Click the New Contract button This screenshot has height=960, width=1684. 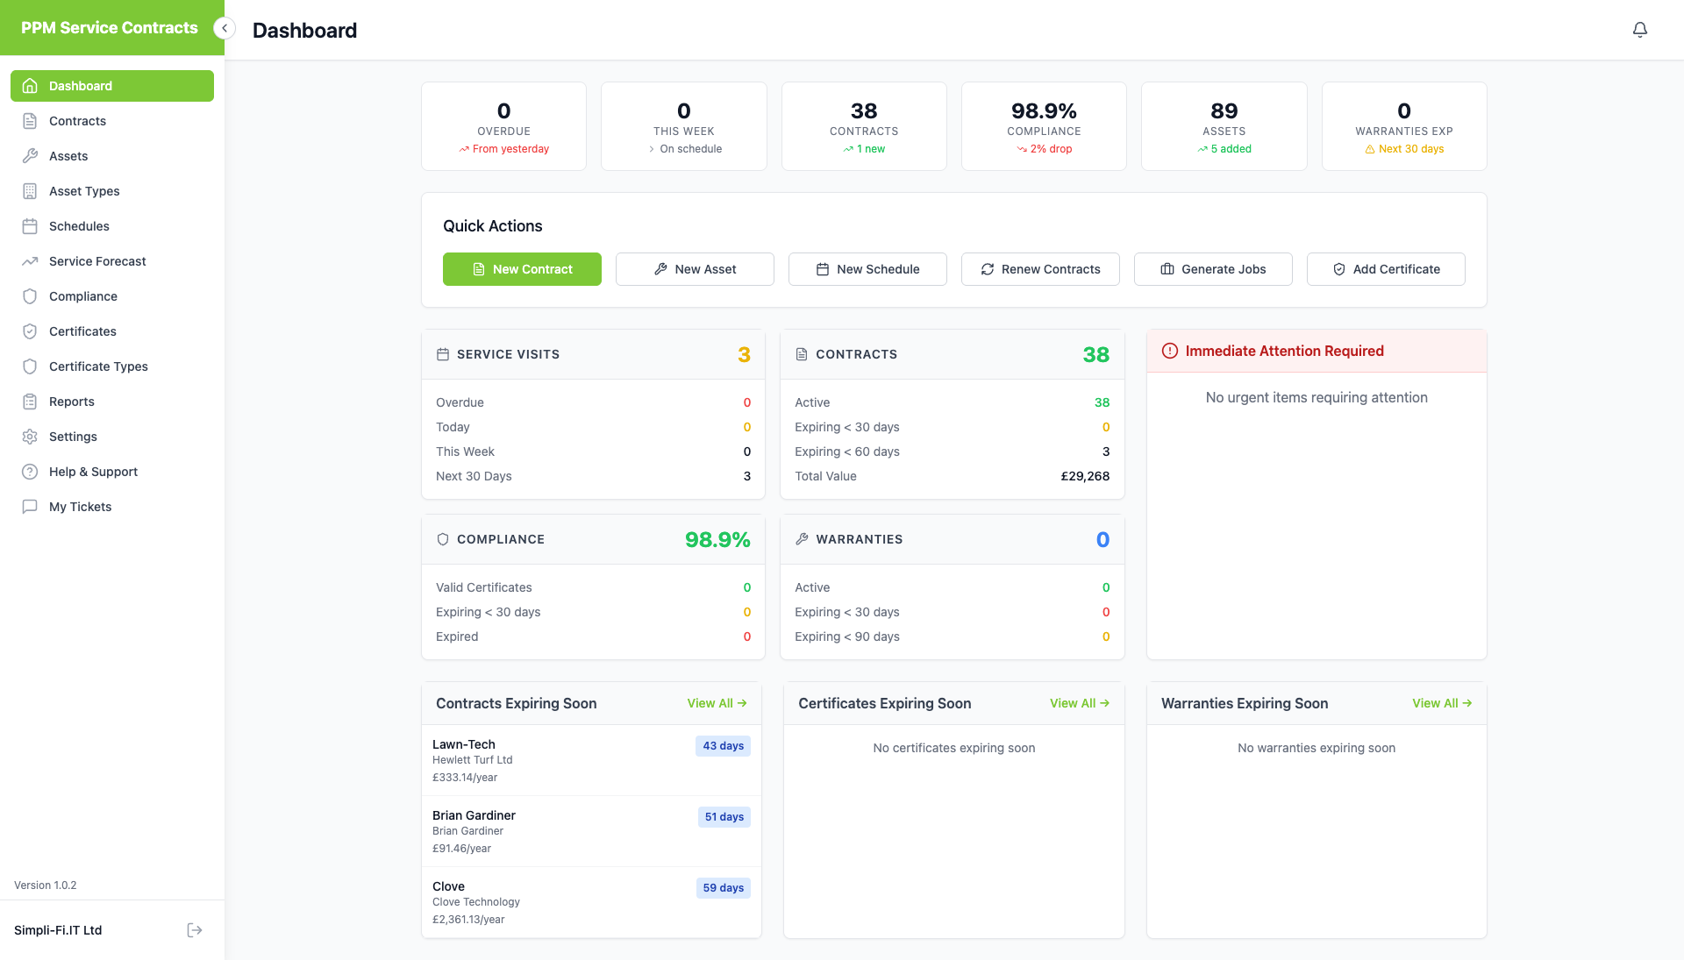point(522,269)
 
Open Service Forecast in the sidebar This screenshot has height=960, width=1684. point(97,261)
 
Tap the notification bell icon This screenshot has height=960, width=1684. point(1639,30)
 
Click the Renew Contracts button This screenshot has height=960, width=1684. point(1040,269)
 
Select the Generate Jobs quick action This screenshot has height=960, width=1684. point(1213,269)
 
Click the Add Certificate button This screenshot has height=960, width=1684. point(1386,269)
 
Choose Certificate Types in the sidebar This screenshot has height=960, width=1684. point(98,366)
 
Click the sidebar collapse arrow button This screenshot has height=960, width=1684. point(225,28)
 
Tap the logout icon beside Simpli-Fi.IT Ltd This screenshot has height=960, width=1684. point(195,930)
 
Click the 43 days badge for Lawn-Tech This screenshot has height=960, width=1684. point(723,746)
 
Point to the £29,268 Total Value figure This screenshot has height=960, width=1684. point(1085,476)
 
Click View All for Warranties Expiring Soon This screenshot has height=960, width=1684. point(1441,703)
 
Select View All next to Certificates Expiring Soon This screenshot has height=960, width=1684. point(1079,703)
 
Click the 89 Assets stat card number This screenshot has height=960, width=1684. point(1224,111)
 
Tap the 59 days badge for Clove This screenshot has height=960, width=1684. point(723,888)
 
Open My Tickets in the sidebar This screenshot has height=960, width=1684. point(80,507)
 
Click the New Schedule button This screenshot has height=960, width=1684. point(867,269)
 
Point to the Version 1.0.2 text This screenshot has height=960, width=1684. point(46,885)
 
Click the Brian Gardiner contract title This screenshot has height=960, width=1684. point(474,815)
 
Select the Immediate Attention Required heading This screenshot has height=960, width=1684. point(1284,351)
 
